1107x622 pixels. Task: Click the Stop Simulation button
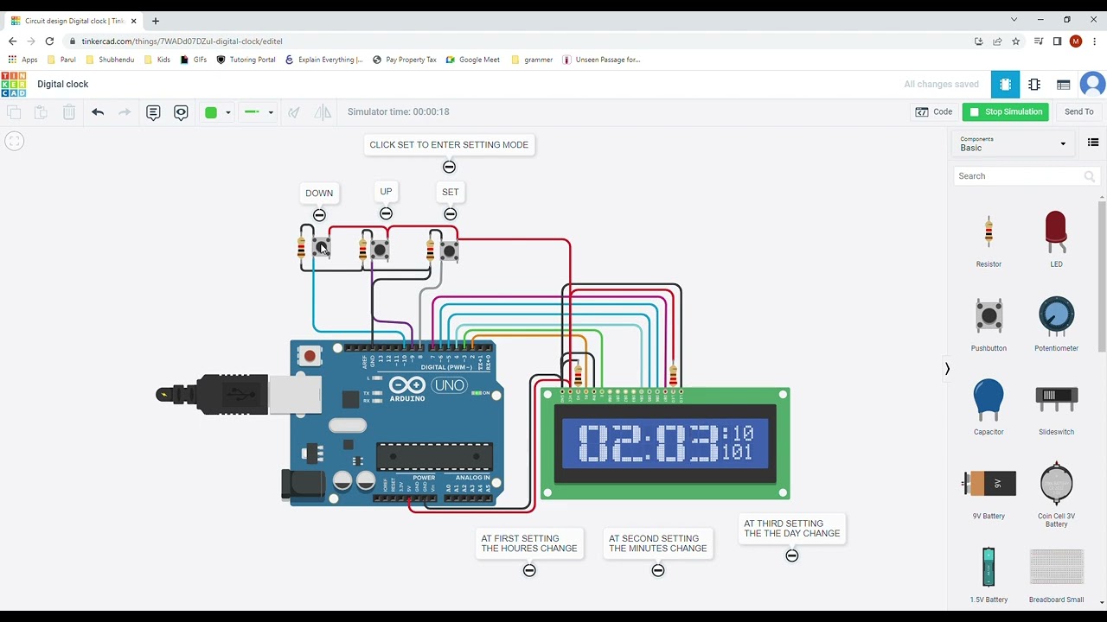pyautogui.click(x=1005, y=111)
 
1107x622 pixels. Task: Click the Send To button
pyautogui.click(x=1078, y=111)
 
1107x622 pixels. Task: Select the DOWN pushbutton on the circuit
pyautogui.click(x=322, y=249)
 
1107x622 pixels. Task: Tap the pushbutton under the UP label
pyautogui.click(x=380, y=251)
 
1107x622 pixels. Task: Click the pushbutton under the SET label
pyautogui.click(x=449, y=251)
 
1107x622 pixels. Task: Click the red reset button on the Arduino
pyautogui.click(x=310, y=355)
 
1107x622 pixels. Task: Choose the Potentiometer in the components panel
pyautogui.click(x=1056, y=317)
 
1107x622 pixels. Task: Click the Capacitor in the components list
pyautogui.click(x=989, y=401)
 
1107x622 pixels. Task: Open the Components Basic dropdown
pyautogui.click(x=1013, y=143)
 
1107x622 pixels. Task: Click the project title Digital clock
pyautogui.click(x=63, y=84)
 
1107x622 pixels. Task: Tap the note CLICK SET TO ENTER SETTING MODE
pyautogui.click(x=449, y=145)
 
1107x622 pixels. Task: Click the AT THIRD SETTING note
pyautogui.click(x=792, y=529)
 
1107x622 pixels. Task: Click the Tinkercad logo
pyautogui.click(x=14, y=84)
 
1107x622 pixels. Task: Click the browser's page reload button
pyautogui.click(x=49, y=41)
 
